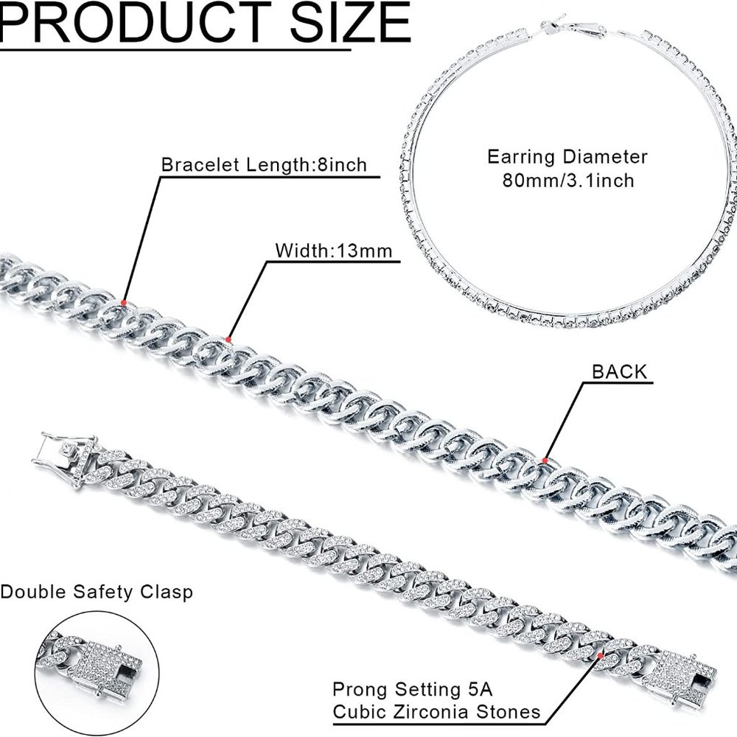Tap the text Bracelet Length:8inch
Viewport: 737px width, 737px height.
tap(264, 164)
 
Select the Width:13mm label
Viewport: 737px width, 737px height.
tap(333, 250)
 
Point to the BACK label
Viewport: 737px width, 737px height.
tap(619, 371)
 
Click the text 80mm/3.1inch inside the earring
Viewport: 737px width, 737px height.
tap(567, 179)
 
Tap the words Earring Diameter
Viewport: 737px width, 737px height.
tap(567, 156)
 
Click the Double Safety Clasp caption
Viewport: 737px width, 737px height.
tap(97, 592)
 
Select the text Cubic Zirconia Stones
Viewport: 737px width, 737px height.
tap(436, 712)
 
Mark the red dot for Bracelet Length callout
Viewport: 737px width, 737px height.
tap(124, 303)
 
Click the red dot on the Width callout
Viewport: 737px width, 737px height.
tap(228, 340)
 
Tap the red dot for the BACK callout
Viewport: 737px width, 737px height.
tap(544, 460)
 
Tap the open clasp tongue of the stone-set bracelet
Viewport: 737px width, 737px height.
tap(63, 451)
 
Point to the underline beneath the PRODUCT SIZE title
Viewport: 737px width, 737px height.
tap(177, 49)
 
